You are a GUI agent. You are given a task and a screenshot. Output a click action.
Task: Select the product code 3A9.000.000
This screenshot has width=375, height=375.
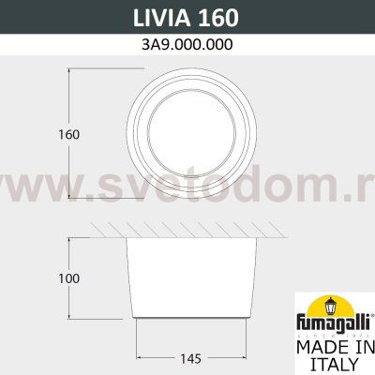click(x=187, y=44)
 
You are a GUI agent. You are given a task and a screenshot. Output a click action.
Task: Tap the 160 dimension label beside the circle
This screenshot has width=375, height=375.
click(x=67, y=134)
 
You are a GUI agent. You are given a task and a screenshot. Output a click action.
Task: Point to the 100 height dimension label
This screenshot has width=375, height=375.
click(x=67, y=278)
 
